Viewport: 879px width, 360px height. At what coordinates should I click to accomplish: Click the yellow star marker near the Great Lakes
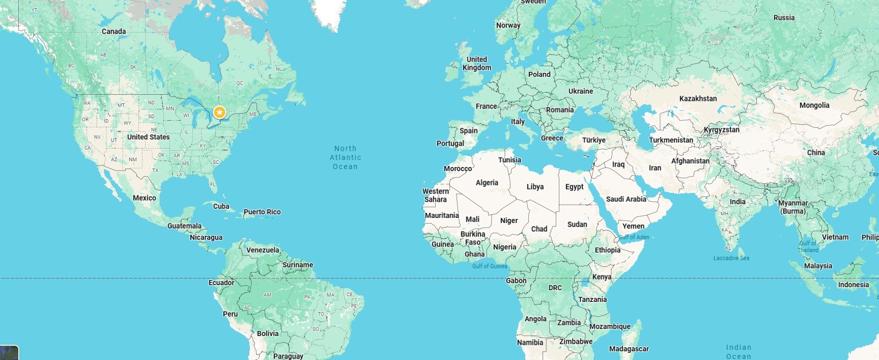[219, 112]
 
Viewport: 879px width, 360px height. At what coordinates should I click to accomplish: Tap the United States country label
[148, 137]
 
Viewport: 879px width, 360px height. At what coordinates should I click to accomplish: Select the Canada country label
[114, 32]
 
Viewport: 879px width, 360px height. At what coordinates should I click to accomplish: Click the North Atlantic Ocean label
[346, 157]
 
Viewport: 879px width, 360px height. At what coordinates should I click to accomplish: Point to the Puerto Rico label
[262, 212]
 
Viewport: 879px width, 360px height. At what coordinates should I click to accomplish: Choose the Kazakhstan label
[698, 99]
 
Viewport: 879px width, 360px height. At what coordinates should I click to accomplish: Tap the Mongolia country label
[814, 105]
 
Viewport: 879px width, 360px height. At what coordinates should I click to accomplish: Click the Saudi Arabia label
[626, 199]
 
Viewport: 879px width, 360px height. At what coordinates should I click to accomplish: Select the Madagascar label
[629, 349]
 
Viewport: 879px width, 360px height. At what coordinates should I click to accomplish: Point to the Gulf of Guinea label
[489, 266]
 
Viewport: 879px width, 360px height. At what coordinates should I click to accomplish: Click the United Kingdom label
[477, 64]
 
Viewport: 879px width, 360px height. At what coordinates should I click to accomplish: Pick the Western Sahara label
[436, 196]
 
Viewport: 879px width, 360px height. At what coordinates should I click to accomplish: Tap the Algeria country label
[487, 183]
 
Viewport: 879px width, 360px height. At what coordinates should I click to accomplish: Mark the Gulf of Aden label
[634, 237]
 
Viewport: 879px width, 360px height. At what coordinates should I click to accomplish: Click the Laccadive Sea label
[731, 258]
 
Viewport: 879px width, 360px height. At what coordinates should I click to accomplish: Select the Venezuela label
[263, 250]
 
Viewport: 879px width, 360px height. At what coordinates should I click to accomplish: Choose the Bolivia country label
[268, 334]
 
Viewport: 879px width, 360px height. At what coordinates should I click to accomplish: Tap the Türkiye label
[593, 140]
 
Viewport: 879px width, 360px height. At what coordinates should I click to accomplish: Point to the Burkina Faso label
[473, 238]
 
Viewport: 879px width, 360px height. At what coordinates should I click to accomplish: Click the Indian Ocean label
[738, 352]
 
